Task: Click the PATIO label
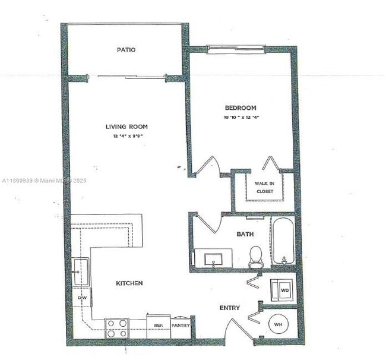click(126, 50)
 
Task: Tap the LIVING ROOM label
click(126, 127)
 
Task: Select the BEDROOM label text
click(241, 108)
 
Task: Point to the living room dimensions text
click(128, 137)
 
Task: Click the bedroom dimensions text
click(241, 118)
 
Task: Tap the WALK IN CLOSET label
click(264, 188)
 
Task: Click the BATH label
click(245, 235)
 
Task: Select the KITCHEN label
click(129, 283)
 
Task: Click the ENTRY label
click(230, 308)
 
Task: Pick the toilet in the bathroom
click(256, 256)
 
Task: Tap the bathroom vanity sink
click(214, 260)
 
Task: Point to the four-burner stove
click(118, 328)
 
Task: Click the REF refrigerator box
click(158, 326)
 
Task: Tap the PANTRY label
click(181, 326)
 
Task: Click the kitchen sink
click(80, 272)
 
